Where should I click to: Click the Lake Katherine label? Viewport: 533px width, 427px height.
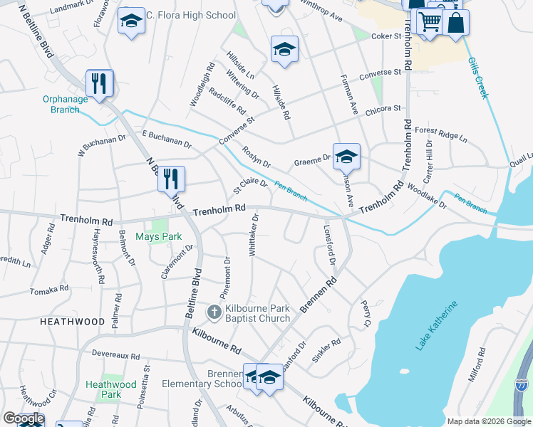436,326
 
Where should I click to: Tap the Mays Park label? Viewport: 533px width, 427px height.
158,236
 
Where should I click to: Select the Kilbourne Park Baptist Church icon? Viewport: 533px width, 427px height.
214,312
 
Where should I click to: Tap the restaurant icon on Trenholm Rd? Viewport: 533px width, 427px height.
171,179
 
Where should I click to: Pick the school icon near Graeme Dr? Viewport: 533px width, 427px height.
346,156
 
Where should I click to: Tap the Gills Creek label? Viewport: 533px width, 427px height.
477,79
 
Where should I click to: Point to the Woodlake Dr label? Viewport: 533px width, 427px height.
426,196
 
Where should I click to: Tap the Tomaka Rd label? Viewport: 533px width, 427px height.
49,290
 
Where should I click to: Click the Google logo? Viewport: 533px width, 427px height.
23,418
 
